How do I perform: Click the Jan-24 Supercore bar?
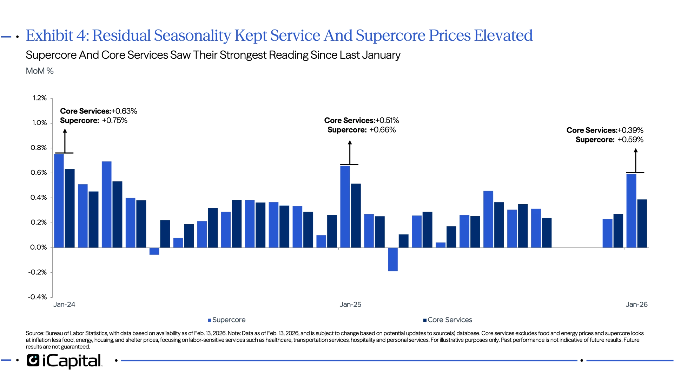(x=59, y=200)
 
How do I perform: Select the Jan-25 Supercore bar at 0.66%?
(x=345, y=207)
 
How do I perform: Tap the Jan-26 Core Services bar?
(x=642, y=224)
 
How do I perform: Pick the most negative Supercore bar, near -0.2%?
(x=393, y=260)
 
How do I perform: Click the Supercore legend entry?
(x=227, y=320)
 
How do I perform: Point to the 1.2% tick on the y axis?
(x=40, y=98)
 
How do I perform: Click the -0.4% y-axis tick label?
(x=38, y=297)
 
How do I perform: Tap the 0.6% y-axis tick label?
(x=39, y=172)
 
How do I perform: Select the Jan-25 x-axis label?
(x=350, y=304)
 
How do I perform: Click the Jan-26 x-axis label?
(x=637, y=304)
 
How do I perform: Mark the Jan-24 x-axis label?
(x=65, y=304)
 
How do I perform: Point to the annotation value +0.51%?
(x=388, y=121)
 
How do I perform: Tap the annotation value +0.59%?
(x=630, y=140)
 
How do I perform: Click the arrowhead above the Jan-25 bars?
(x=349, y=143)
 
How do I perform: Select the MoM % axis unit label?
(x=40, y=71)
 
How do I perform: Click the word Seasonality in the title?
(x=192, y=36)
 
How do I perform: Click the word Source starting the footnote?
(x=34, y=333)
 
